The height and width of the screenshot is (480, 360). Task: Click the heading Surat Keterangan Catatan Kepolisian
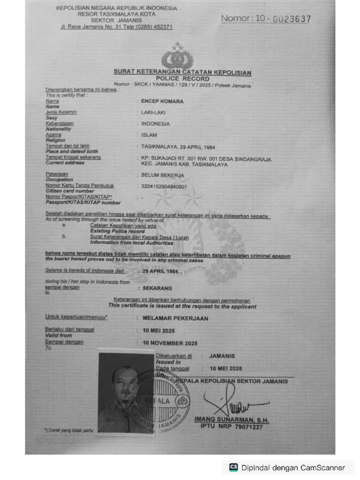(182, 72)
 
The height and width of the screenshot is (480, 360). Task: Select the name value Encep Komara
(162, 101)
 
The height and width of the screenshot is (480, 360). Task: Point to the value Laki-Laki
(153, 112)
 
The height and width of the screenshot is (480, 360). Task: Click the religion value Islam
(149, 135)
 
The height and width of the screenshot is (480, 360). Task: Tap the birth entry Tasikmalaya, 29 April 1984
(178, 147)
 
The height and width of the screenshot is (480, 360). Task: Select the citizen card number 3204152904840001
(164, 187)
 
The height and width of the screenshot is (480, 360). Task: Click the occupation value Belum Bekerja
(163, 175)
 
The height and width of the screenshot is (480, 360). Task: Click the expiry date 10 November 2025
(170, 343)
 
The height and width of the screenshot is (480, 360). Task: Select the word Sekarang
(157, 288)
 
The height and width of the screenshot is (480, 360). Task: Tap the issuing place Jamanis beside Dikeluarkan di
(223, 356)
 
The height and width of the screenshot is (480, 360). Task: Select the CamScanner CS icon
(233, 467)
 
